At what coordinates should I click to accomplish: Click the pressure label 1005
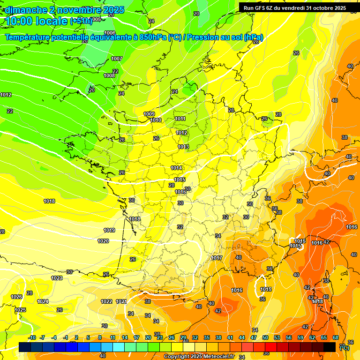[x=97, y=19]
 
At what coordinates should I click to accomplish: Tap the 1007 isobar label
[x=117, y=59]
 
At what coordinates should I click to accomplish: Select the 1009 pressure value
[x=149, y=114]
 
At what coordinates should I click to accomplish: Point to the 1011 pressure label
[x=180, y=119]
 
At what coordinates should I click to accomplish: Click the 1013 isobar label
[x=183, y=147]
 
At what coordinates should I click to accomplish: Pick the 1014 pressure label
[x=176, y=168]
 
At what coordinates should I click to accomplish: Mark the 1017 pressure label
[x=217, y=258]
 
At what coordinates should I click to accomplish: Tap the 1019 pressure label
[x=109, y=230]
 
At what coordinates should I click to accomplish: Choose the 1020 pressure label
[x=103, y=241]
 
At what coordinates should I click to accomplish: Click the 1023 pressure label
[x=57, y=278]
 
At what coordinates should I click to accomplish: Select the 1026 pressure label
[x=16, y=297]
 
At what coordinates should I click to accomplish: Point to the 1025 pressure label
[x=20, y=310]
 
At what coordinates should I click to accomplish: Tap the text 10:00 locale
[x=36, y=21]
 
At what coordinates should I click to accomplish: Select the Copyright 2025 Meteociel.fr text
[x=199, y=356]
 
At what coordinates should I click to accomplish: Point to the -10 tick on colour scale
[x=32, y=337]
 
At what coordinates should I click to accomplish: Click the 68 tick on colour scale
[x=336, y=337]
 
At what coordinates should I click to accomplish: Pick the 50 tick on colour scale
[x=265, y=337]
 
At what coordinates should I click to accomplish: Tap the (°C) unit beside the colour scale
[x=345, y=347]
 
